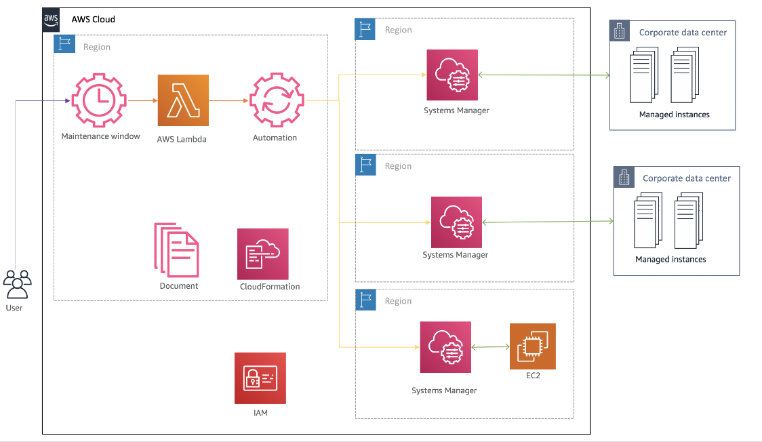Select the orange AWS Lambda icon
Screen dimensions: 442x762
[183, 100]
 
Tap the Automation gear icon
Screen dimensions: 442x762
[277, 101]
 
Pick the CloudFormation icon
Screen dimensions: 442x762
[263, 254]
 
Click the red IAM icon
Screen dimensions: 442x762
[260, 378]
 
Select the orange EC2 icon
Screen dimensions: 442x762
[533, 346]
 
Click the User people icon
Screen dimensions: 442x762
[17, 284]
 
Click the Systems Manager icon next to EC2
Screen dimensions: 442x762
[445, 347]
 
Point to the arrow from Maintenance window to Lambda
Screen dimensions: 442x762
[142, 101]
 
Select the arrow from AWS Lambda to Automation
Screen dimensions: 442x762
[229, 101]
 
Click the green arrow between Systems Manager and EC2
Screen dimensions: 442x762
[490, 348]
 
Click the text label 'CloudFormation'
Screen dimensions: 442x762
[270, 287]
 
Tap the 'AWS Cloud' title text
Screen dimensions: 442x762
[94, 20]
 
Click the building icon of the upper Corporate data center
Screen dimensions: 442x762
[620, 31]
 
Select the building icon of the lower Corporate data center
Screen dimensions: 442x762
[624, 177]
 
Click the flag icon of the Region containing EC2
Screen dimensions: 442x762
[365, 300]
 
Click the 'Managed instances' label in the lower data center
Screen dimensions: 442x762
[670, 260]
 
